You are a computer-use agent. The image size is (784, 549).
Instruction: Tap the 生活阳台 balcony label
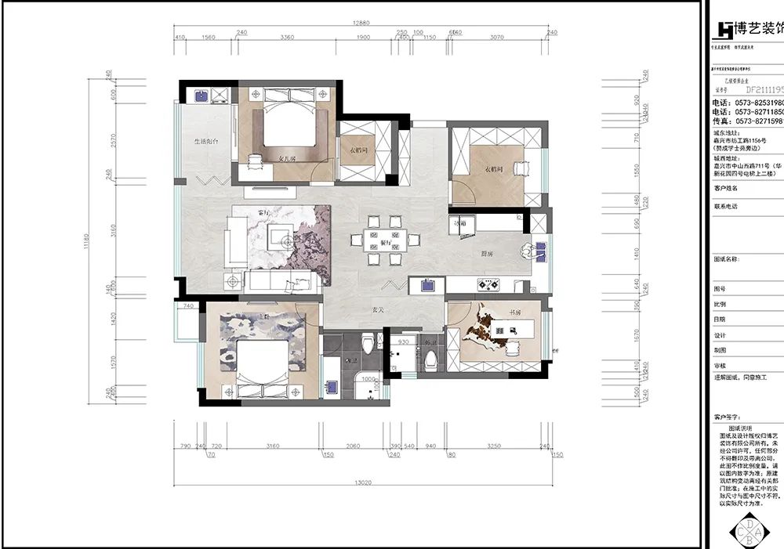click(206, 141)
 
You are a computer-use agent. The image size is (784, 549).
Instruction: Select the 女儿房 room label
click(289, 157)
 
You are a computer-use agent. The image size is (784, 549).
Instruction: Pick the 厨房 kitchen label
click(486, 254)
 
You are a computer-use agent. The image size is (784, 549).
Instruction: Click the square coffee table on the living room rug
click(277, 234)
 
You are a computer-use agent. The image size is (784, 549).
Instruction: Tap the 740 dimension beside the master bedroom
click(188, 306)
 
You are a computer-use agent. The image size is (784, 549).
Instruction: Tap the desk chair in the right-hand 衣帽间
click(519, 168)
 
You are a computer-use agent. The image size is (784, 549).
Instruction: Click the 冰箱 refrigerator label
click(460, 224)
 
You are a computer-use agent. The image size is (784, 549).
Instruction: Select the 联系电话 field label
click(726, 206)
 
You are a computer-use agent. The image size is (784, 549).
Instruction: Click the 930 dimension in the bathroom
click(403, 342)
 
